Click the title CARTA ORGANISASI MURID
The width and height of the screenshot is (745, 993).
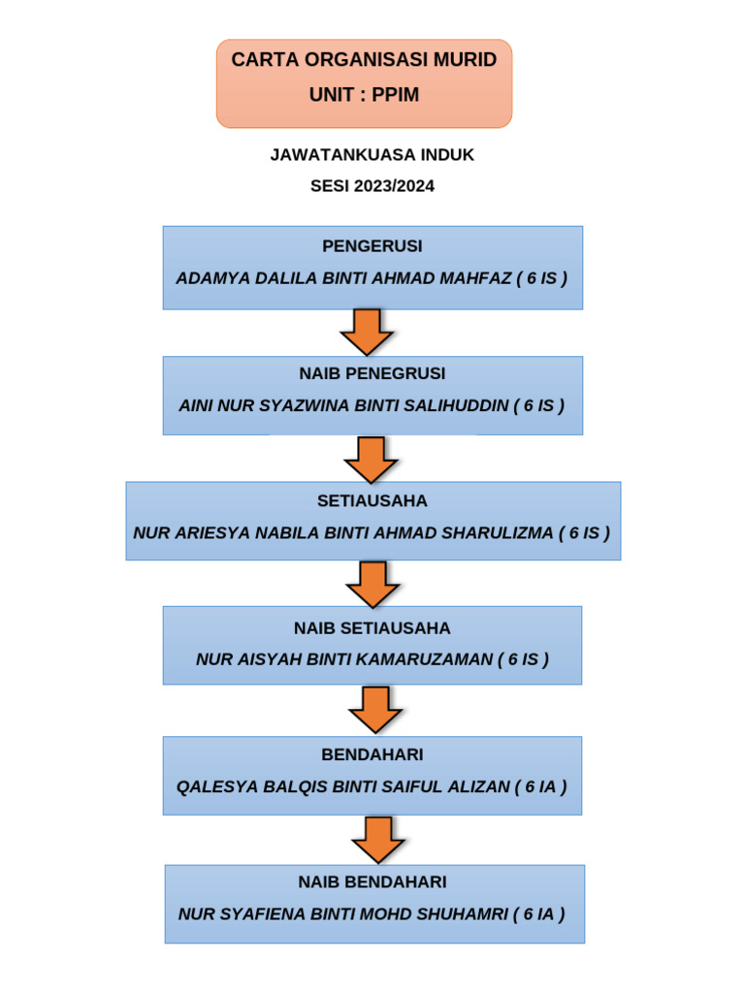pos(364,60)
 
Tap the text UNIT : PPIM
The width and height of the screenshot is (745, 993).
pos(364,95)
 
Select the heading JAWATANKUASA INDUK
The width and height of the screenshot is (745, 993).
pos(372,155)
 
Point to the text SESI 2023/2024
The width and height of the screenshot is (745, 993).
pos(372,186)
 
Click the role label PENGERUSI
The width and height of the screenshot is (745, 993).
pos(372,246)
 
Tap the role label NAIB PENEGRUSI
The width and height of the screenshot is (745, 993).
pos(372,373)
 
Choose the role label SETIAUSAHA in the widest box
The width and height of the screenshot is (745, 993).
pos(372,501)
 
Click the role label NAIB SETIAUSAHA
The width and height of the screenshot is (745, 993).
pos(372,628)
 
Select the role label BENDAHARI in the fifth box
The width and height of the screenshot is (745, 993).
pos(372,754)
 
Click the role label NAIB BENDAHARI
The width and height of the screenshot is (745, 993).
pos(372,882)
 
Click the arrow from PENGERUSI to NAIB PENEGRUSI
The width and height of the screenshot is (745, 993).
pos(367,333)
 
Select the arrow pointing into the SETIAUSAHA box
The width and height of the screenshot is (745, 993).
pos(372,460)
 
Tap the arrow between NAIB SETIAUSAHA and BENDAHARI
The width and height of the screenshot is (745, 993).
pos(375,710)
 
